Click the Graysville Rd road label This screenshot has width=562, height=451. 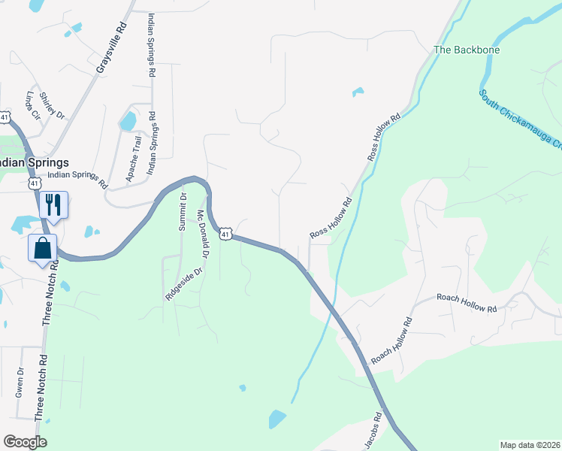coord(110,47)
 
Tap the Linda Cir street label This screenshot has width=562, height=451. coord(32,107)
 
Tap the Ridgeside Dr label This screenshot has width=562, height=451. coord(185,285)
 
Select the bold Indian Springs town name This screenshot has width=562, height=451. coord(35,162)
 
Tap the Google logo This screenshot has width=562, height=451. coord(25,442)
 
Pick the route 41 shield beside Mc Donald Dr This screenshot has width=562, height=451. coord(225,235)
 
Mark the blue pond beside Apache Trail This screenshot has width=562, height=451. coord(128,120)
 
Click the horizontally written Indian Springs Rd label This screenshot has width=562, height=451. coord(78,179)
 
